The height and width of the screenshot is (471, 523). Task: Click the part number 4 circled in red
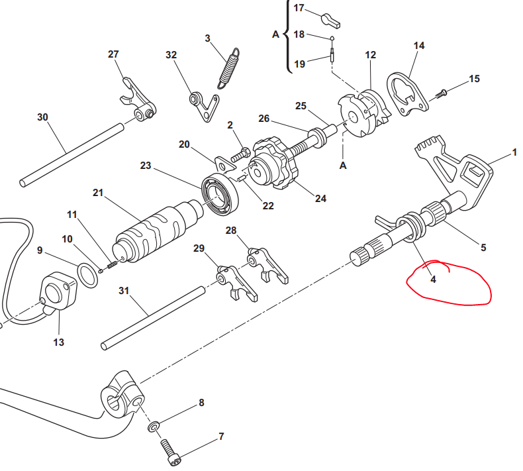433,280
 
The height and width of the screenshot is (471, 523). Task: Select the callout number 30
43,117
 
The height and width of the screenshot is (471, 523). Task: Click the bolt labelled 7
171,452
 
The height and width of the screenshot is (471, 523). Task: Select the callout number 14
419,46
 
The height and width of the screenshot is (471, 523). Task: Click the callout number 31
124,291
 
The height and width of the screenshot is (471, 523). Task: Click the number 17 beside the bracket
299,8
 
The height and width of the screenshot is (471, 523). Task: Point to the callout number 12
370,54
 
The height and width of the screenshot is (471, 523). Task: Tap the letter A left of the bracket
275,32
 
